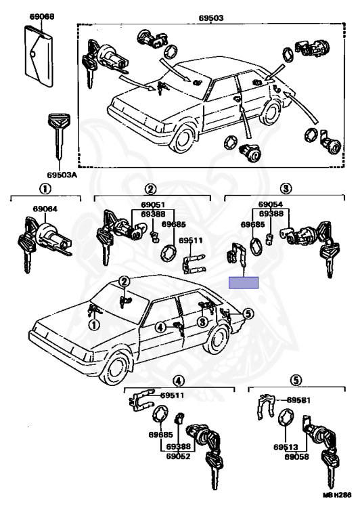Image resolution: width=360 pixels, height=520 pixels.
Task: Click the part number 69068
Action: click(42, 16)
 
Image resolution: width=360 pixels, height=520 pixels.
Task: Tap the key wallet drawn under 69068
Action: click(39, 56)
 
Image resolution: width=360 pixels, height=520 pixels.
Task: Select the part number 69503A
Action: click(62, 175)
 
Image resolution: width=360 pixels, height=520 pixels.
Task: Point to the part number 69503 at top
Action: click(211, 18)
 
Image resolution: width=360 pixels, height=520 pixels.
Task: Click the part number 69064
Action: click(45, 209)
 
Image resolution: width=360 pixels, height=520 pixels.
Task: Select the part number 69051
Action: click(152, 205)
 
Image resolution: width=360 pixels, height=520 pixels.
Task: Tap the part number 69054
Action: click(271, 204)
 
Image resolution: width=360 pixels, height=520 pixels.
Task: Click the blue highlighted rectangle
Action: click(244, 282)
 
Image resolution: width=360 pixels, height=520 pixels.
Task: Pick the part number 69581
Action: click(298, 400)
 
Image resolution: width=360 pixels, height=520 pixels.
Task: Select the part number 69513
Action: click(286, 447)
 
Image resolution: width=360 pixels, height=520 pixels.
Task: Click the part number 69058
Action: click(296, 456)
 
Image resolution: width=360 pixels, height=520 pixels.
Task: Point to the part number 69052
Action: click(179, 456)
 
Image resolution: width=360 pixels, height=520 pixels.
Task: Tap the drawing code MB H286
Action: click(337, 495)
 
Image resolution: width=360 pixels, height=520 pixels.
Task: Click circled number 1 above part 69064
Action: click(45, 189)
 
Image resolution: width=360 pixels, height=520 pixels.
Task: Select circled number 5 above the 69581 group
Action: click(296, 381)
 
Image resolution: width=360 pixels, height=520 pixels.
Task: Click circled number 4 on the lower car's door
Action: click(160, 328)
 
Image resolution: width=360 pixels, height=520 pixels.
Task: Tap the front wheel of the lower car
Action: click(115, 369)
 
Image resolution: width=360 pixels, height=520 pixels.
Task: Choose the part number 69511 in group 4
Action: click(173, 395)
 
